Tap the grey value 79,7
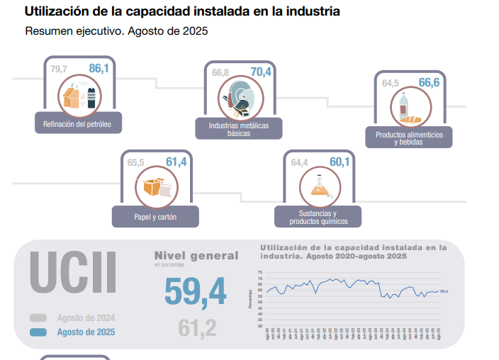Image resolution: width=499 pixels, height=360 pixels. click(59, 69)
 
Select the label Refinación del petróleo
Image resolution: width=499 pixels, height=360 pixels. click(78, 124)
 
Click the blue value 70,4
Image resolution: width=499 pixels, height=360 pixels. click(261, 72)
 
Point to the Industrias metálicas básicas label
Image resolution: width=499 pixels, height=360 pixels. click(239, 129)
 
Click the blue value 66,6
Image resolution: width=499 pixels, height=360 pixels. click(429, 83)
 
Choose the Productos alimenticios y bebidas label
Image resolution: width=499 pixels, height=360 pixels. click(409, 138)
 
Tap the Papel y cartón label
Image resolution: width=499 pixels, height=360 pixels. click(155, 216)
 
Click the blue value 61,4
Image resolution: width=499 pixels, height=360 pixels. click(176, 162)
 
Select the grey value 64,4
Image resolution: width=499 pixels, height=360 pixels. click(299, 163)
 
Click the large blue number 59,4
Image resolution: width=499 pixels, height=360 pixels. click(195, 291)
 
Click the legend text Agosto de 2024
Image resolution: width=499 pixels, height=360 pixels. click(86, 318)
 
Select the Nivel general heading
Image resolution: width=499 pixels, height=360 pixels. click(196, 256)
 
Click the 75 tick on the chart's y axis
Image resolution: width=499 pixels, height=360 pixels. click(259, 272)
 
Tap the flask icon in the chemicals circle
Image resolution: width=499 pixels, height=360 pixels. click(318, 186)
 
